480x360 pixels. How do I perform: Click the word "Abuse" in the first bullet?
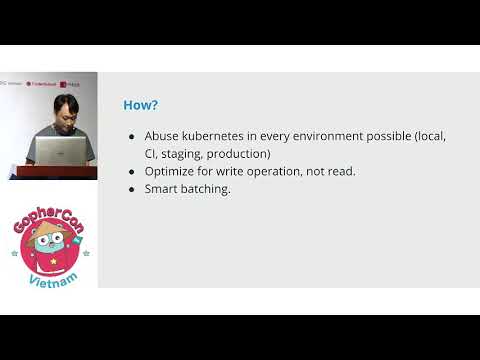click(x=162, y=136)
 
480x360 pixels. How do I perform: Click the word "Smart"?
click(x=161, y=189)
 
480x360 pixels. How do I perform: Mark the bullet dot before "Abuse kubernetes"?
click(x=132, y=136)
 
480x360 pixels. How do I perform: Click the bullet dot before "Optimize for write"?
click(x=132, y=171)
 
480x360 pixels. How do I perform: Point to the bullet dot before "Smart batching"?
click(x=132, y=189)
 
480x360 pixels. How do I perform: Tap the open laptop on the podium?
click(x=61, y=150)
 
